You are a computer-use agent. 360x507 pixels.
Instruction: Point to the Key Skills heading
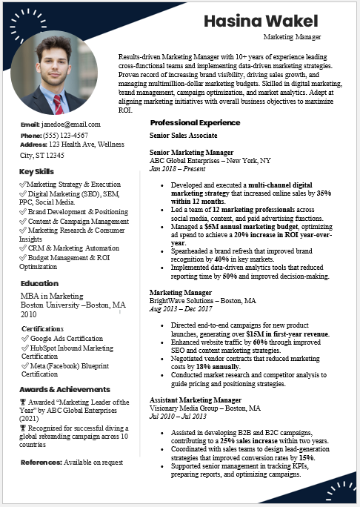coord(36,172)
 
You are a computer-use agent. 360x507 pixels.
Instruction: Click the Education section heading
coord(39,283)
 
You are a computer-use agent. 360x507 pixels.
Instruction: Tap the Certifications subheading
coord(42,328)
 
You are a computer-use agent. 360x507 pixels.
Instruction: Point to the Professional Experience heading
coord(195,122)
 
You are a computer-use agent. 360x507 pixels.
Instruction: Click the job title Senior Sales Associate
coord(183,136)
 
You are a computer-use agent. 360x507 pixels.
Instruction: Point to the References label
coord(41,462)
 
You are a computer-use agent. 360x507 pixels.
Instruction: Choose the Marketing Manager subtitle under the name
coord(293,36)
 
